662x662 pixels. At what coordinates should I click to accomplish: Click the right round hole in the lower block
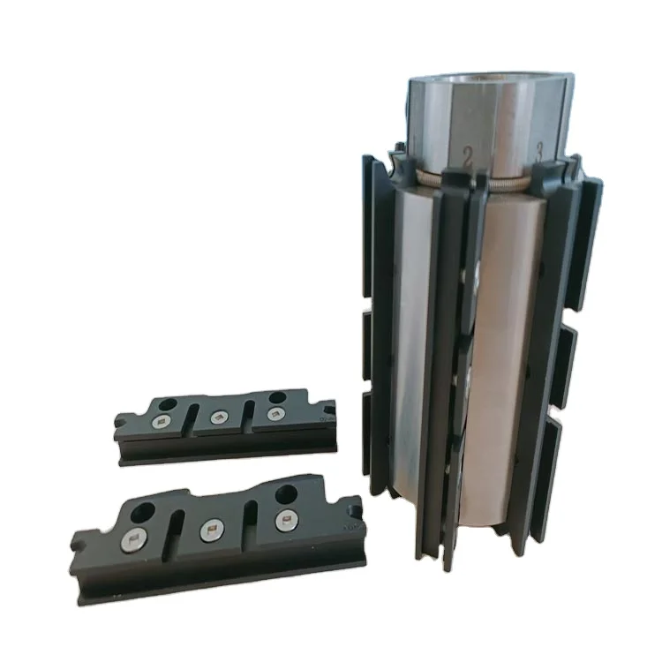point(286,494)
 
